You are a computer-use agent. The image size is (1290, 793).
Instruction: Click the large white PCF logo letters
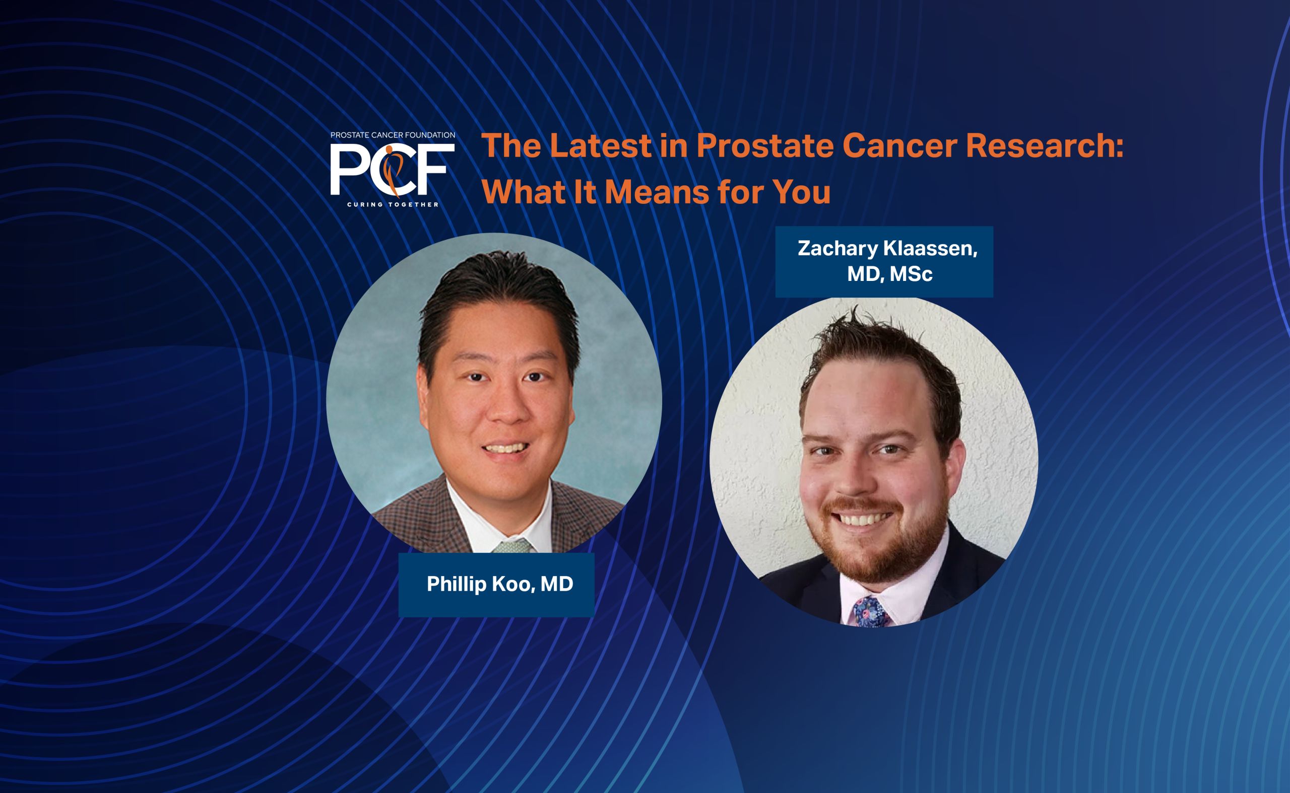[x=392, y=169]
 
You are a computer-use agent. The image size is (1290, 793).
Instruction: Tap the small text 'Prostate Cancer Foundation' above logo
[x=393, y=135]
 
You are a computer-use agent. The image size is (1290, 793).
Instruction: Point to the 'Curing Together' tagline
[x=392, y=204]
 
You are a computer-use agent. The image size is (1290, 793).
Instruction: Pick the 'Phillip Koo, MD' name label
[x=500, y=584]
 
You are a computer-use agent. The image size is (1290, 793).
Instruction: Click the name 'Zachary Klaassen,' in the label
[x=887, y=249]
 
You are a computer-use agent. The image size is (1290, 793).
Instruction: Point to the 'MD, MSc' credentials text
[x=889, y=274]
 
